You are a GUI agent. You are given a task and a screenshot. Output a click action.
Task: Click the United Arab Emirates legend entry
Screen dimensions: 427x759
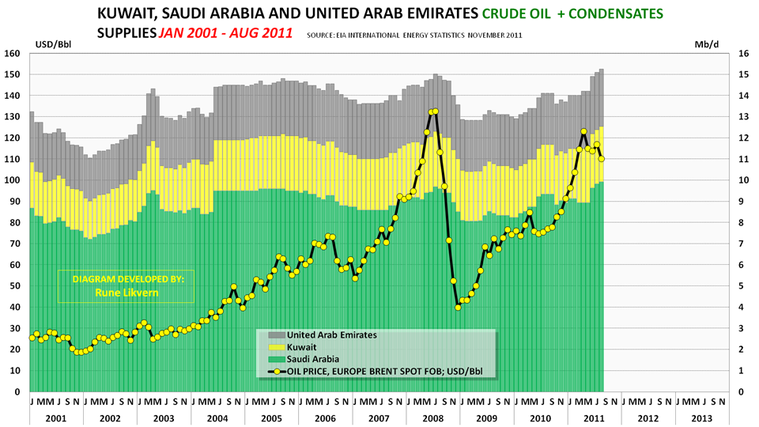[x=331, y=334]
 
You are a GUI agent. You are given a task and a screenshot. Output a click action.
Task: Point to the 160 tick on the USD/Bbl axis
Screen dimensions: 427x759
[x=11, y=54]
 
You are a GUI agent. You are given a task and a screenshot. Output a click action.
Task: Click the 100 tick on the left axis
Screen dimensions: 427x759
[x=11, y=180]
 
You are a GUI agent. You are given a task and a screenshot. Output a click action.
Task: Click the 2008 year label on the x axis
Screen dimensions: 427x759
[x=432, y=417]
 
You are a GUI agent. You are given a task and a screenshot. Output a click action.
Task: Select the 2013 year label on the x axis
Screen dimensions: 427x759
[x=700, y=417]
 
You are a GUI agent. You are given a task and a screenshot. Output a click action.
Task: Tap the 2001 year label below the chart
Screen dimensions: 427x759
[x=56, y=417]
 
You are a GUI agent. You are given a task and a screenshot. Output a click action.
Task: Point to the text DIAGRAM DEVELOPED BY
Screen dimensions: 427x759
[x=126, y=279]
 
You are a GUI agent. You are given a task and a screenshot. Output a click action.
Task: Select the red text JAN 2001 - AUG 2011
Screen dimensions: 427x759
[x=225, y=34]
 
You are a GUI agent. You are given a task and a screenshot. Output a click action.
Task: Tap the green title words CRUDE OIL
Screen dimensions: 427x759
[x=517, y=13]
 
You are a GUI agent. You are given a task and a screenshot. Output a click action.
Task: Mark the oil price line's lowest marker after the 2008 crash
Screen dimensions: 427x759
[x=458, y=307]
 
